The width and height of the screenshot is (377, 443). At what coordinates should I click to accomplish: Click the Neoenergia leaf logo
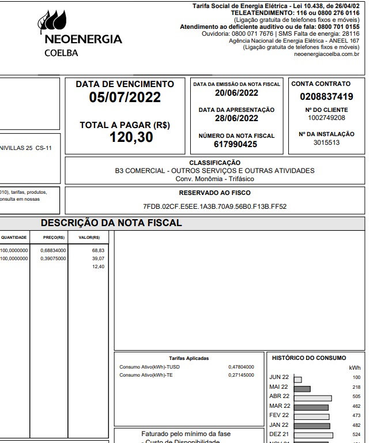52,22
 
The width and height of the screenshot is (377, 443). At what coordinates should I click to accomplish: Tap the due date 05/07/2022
125,97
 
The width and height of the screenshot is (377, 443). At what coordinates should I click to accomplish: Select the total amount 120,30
131,137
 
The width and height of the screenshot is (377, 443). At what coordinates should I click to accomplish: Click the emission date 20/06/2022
236,93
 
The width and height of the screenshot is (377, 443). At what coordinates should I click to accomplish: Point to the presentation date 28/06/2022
236,118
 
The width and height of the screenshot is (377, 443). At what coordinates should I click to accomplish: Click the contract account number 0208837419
326,97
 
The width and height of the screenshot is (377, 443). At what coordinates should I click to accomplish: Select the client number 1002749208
326,118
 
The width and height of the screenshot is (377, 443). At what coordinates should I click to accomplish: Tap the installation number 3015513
326,143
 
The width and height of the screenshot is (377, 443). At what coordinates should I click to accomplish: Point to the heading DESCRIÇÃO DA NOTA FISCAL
111,223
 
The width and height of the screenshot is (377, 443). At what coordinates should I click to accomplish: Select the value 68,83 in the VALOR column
98,251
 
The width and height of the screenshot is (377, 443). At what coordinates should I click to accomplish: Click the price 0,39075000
53,258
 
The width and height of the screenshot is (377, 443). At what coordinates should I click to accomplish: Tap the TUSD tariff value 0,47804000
241,367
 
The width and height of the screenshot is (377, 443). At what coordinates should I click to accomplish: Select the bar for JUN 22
297,379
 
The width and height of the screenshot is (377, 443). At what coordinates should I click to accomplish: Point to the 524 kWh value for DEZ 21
356,434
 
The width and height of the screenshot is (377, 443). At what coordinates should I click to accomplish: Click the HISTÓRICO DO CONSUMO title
308,358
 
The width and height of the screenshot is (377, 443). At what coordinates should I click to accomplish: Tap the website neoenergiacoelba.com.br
326,54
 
